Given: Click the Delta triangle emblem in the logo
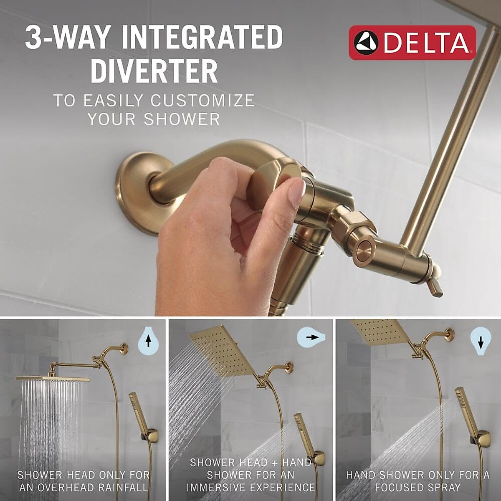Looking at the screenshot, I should click(366, 43).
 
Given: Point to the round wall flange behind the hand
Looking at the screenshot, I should click(134, 184).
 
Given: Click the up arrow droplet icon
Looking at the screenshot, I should click(148, 342).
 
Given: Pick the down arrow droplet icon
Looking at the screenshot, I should click(481, 342).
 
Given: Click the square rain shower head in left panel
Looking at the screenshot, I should click(53, 378).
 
